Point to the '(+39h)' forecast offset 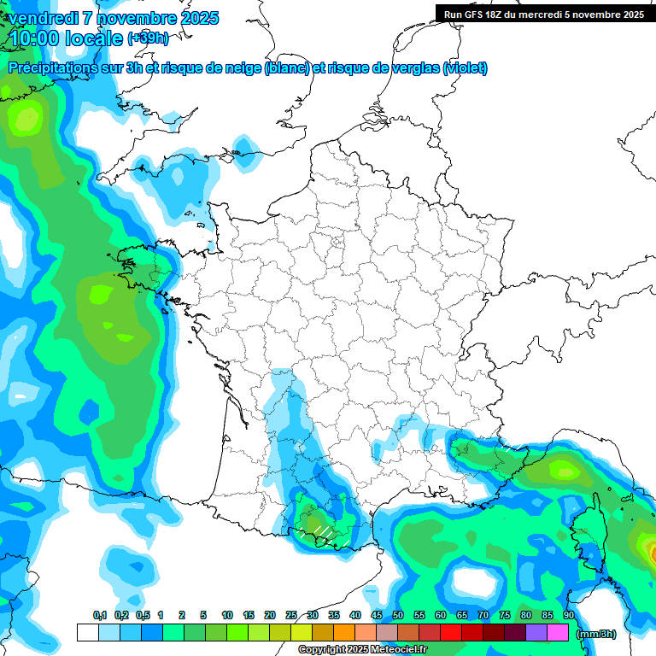148,38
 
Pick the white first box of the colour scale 87,633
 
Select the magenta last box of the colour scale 558,633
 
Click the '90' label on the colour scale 568,615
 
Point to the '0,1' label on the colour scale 99,615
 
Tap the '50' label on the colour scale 398,615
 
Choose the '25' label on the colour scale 291,615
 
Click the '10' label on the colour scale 227,615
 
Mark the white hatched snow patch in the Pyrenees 322,532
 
